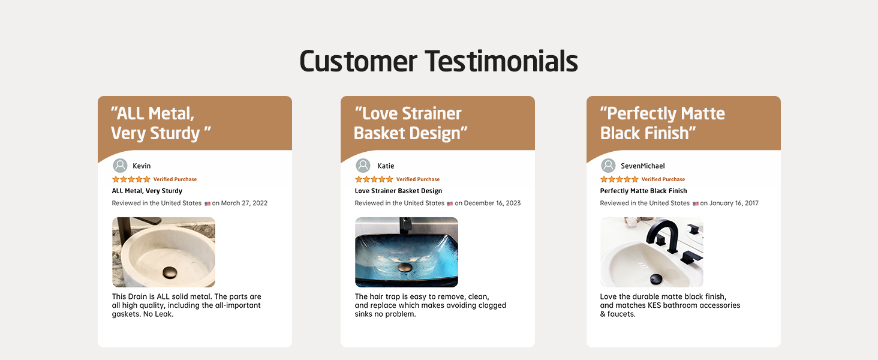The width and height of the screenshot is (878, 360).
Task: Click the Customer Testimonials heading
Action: click(x=438, y=61)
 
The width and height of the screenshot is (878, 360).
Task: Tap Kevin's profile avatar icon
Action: click(x=120, y=166)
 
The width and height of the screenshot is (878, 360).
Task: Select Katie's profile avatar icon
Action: click(x=363, y=166)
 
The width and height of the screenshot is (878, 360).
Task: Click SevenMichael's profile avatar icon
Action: click(x=608, y=166)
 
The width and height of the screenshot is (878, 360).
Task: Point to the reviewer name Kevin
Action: click(x=142, y=166)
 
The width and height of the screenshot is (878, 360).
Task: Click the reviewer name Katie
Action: click(x=386, y=166)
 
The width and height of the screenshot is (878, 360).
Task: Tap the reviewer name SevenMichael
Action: click(x=643, y=166)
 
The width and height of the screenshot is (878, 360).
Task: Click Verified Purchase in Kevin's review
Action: click(x=175, y=179)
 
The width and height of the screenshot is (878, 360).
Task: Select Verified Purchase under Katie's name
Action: click(x=418, y=179)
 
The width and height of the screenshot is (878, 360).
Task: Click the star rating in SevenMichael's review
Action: click(x=620, y=179)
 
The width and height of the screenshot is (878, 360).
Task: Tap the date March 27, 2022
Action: click(x=244, y=203)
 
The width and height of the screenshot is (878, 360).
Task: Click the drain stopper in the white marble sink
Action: click(x=170, y=272)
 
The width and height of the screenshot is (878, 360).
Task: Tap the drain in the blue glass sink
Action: click(x=404, y=268)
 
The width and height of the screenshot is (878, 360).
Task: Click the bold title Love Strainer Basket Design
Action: click(x=398, y=191)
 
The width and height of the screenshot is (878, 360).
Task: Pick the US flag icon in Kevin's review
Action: click(x=208, y=203)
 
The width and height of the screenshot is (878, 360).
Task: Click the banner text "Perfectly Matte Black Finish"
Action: click(x=663, y=123)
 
